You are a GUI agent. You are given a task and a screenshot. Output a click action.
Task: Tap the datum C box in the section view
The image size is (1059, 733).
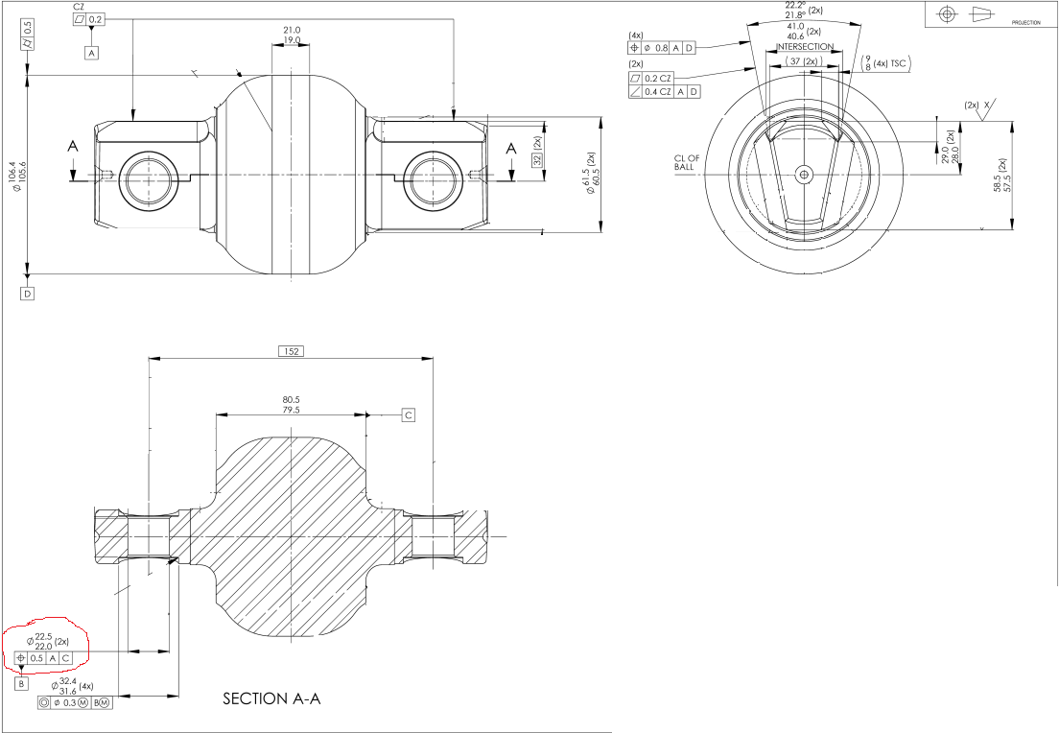click(408, 415)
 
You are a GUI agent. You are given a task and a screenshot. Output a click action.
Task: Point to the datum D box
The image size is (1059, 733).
click(27, 293)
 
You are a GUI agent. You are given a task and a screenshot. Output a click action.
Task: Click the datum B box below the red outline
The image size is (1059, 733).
click(21, 684)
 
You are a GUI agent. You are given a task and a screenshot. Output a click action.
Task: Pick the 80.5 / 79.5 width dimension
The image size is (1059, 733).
click(291, 405)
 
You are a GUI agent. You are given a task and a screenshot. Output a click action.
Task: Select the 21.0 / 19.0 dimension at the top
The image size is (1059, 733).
click(292, 35)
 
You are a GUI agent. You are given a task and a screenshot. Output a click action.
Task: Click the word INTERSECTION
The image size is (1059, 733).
click(804, 47)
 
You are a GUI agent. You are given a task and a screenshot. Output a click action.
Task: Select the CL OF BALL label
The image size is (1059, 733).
click(689, 162)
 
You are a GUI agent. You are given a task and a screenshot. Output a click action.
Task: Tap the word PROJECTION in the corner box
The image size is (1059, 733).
click(1025, 21)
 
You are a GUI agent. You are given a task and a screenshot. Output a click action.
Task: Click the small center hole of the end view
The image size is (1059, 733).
click(804, 174)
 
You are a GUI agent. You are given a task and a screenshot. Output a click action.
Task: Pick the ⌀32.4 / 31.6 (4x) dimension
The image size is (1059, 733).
click(72, 685)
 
